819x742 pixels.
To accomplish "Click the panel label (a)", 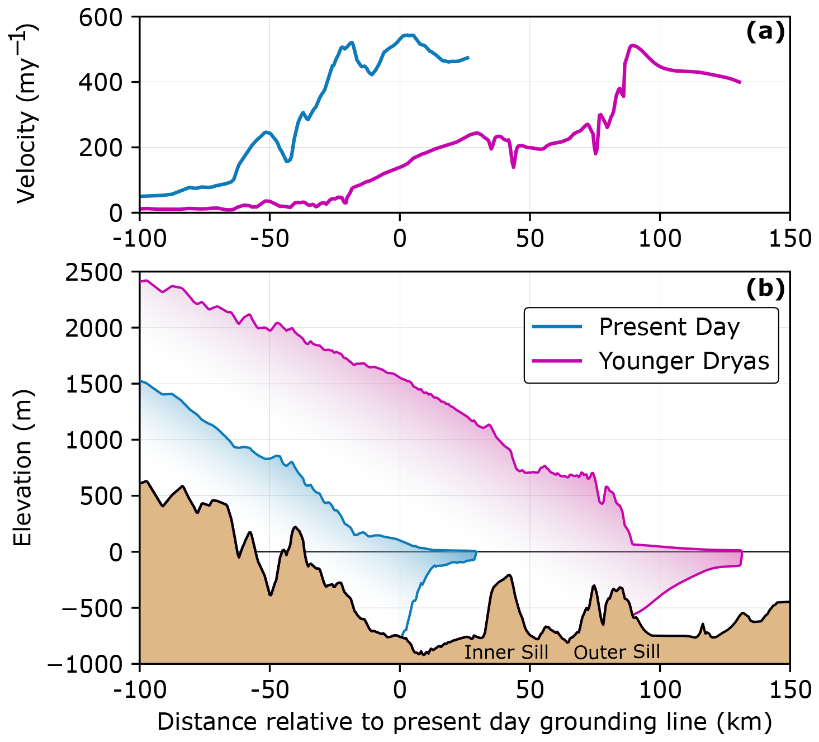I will coord(765,32).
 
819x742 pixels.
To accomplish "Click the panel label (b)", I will coord(765,288).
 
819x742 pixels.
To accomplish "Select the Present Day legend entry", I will coord(669,327).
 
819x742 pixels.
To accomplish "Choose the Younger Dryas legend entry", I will coord(684,361).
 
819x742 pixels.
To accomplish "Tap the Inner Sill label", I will coord(506,652).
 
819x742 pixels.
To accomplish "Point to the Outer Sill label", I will coord(617,652).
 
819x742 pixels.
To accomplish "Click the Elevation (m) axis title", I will coord(23,467).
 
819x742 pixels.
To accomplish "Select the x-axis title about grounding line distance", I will coord(464,722).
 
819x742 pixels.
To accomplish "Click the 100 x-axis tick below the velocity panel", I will coord(660,239).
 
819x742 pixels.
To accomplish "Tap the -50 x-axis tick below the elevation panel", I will coord(269,691).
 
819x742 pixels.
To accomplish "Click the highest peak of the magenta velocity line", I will coord(631,45).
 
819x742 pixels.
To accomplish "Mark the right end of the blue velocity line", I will coord(468,58).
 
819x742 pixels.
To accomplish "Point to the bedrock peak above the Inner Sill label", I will coord(509,575).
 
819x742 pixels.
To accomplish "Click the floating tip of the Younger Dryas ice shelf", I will coord(741,557).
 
